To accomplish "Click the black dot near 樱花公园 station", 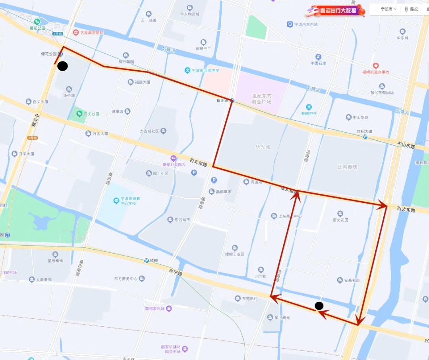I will (62, 66).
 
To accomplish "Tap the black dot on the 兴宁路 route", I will (319, 306).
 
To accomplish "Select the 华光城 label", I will (263, 147).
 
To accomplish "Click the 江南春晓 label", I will (347, 167).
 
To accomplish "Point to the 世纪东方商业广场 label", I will (261, 99).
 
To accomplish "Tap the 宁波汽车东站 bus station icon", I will (290, 25).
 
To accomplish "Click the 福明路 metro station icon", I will (232, 101).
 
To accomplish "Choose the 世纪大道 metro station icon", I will (365, 137).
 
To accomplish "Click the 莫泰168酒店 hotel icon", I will (173, 158).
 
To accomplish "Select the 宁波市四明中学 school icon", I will (187, 70).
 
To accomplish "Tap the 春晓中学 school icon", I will (309, 107).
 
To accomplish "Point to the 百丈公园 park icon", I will (79, 114).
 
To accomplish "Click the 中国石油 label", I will (318, 63).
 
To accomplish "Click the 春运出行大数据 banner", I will (334, 11).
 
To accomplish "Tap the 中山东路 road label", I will (406, 146).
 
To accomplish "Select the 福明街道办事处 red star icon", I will (375, 65).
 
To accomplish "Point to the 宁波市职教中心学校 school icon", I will (116, 200).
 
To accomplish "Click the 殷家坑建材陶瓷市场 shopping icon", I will (185, 349).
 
